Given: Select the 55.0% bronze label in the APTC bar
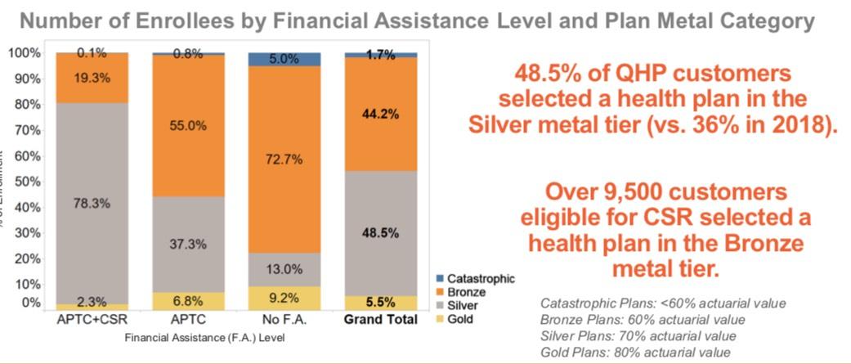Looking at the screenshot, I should (189, 127).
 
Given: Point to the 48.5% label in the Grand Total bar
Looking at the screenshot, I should (381, 232).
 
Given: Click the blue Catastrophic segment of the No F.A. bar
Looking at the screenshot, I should (285, 59).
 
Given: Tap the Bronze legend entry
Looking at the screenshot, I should (471, 292).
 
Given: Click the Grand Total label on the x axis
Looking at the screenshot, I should (381, 319).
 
